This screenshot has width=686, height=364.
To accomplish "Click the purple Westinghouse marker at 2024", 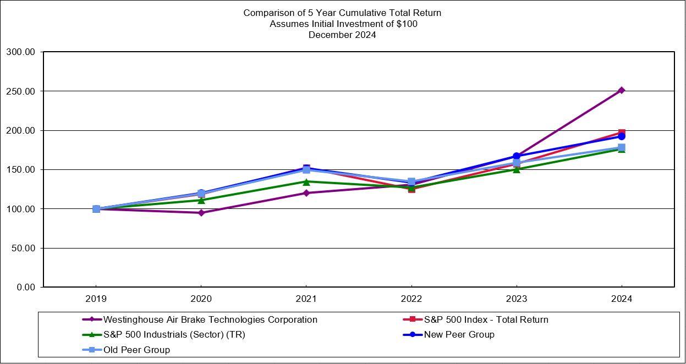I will click(621, 90).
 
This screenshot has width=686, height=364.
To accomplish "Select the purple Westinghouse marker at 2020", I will click(201, 213).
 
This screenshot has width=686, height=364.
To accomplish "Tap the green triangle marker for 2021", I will click(306, 181).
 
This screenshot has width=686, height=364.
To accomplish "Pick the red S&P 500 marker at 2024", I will click(621, 133).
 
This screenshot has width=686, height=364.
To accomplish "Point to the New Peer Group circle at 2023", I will click(517, 156).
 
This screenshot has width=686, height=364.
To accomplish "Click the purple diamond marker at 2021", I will click(306, 193).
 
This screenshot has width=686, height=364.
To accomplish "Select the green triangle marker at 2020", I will click(201, 200).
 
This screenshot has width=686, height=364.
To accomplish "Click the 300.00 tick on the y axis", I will click(20, 52).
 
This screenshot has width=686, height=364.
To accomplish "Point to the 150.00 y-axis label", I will click(20, 170).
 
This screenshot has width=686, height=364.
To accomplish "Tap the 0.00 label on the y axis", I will click(25, 288).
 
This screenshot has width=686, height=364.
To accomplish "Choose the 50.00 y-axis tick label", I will click(23, 249).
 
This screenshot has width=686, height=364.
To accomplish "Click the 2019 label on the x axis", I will click(96, 299).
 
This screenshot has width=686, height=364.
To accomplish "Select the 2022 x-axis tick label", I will click(411, 299).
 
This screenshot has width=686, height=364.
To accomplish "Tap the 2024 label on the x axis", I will click(622, 299).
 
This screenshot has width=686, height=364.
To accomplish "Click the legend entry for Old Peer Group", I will click(136, 350).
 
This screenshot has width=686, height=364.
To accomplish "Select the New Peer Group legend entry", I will click(458, 334).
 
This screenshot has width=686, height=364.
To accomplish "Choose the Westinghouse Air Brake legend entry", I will click(210, 319).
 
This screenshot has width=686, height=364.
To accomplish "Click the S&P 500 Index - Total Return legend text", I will click(485, 319).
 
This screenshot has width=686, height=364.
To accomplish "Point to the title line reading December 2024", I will click(342, 35).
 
